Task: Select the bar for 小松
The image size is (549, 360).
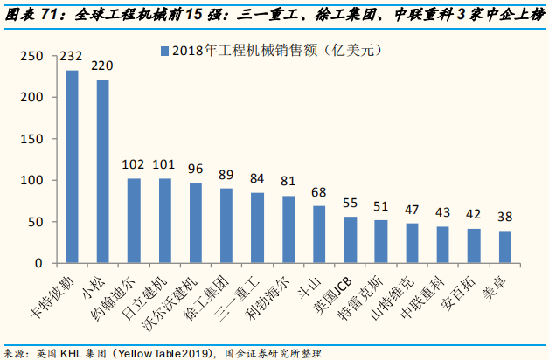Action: (103, 171)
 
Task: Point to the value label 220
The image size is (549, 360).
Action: (103, 66)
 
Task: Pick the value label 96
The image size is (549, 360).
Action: (195, 169)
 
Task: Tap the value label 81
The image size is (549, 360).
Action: (288, 181)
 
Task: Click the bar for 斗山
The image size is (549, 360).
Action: (319, 234)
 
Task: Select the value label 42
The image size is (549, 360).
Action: (473, 213)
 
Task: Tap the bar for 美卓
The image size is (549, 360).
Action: (504, 246)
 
